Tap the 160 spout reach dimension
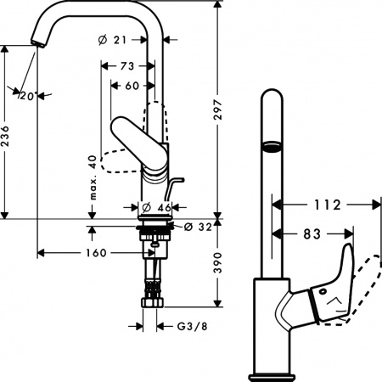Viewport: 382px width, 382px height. [x=95, y=252]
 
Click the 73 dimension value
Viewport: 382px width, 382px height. [x=127, y=66]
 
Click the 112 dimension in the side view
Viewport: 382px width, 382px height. [x=326, y=205]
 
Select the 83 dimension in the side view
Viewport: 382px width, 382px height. [x=314, y=231]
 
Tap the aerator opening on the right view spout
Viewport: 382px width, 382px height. [x=270, y=147]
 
